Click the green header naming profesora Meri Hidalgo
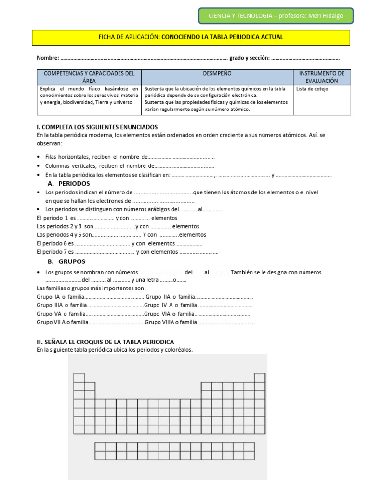click(x=276, y=16)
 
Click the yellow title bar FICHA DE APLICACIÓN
click(x=191, y=37)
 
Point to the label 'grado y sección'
click(x=249, y=58)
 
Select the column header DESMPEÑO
click(x=217, y=74)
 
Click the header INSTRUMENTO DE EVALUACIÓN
click(x=322, y=77)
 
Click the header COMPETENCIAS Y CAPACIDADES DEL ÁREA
click(x=89, y=77)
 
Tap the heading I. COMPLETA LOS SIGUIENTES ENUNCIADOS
click(x=97, y=127)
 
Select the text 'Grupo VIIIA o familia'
click(x=171, y=322)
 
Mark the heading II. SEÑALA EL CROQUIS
click(x=105, y=342)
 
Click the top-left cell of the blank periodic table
click(x=79, y=378)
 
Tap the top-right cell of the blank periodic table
click(x=260, y=378)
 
